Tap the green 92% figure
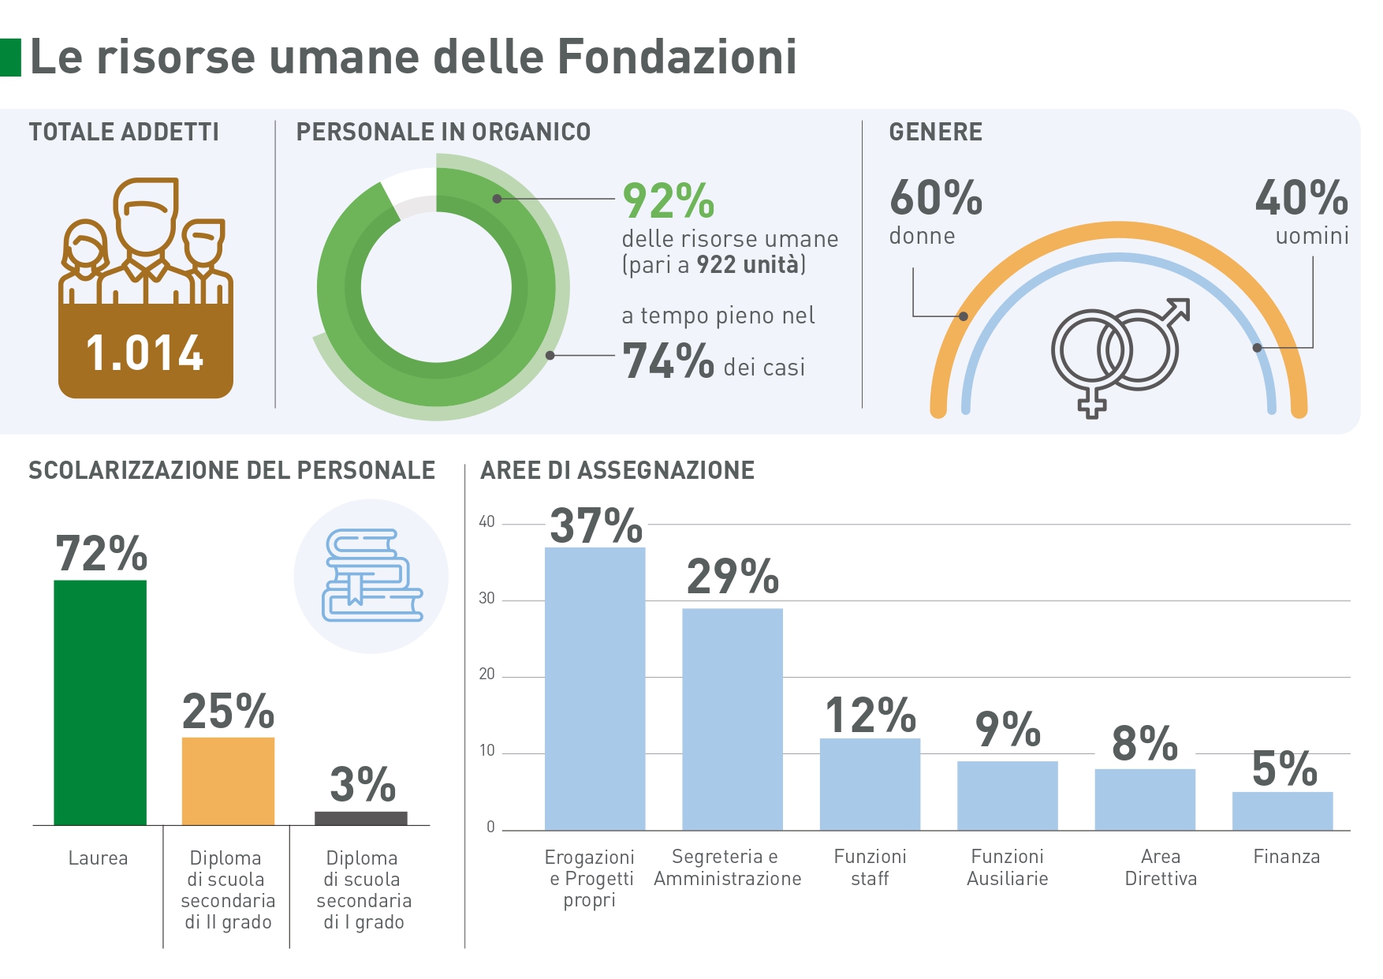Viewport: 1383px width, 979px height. pos(668,200)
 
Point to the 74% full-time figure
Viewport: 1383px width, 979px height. pos(668,361)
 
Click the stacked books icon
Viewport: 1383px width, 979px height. pos(371,575)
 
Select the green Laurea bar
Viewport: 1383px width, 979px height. pos(100,702)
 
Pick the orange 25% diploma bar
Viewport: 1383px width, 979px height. pos(228,781)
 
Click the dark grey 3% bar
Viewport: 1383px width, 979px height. pos(361,818)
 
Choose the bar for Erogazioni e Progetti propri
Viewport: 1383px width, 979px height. pos(595,688)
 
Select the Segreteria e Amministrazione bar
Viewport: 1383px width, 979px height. pos(733,719)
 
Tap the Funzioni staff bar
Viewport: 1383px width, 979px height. pos(870,783)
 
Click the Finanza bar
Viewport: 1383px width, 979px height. pos(1282,810)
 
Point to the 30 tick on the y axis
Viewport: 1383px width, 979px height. pos(486,599)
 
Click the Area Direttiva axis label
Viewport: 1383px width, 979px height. pos(1161,868)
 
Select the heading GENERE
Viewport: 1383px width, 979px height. pos(936,132)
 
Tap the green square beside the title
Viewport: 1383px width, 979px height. pos(10,58)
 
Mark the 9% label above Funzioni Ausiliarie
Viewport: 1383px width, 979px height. pos(1007,729)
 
